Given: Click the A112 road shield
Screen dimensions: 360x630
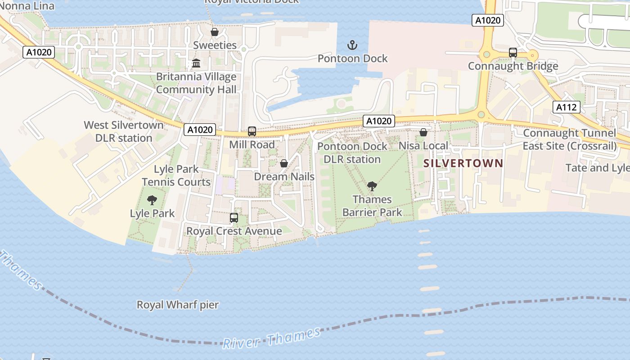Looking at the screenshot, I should pyautogui.click(x=566, y=107).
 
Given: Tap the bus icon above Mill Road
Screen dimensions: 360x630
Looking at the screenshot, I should pyautogui.click(x=252, y=131).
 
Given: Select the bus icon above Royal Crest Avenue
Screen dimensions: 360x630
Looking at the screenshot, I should pyautogui.click(x=234, y=218).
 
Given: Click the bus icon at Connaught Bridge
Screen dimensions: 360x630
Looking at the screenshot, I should pyautogui.click(x=513, y=53).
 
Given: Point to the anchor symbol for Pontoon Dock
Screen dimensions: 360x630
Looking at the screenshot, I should pyautogui.click(x=352, y=45).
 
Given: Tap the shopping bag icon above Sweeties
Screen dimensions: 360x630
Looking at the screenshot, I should pyautogui.click(x=215, y=32).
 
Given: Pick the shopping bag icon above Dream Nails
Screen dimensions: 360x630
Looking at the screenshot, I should pyautogui.click(x=284, y=163).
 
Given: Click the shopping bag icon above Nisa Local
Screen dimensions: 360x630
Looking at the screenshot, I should pyautogui.click(x=423, y=132).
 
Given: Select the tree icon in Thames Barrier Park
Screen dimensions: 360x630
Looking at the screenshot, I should pyautogui.click(x=372, y=186).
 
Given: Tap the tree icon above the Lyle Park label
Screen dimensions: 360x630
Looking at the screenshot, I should pyautogui.click(x=152, y=200).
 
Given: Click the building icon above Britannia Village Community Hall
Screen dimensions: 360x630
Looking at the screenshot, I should pyautogui.click(x=196, y=63).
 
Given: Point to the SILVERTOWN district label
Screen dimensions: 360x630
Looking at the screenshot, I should pyautogui.click(x=463, y=163).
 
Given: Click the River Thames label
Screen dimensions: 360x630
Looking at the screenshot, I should pyautogui.click(x=272, y=338).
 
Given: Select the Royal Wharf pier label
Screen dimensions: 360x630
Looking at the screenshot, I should pyautogui.click(x=178, y=305).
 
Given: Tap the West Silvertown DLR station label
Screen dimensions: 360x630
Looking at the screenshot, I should pyautogui.click(x=124, y=131).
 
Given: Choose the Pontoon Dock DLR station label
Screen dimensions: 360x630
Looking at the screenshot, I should pyautogui.click(x=352, y=153).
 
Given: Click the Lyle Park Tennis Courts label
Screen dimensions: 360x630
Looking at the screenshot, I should pyautogui.click(x=176, y=175).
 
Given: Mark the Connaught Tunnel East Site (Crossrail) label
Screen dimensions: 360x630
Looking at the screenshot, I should pyautogui.click(x=569, y=139).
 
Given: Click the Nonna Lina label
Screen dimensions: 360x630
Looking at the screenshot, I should pyautogui.click(x=27, y=6).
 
